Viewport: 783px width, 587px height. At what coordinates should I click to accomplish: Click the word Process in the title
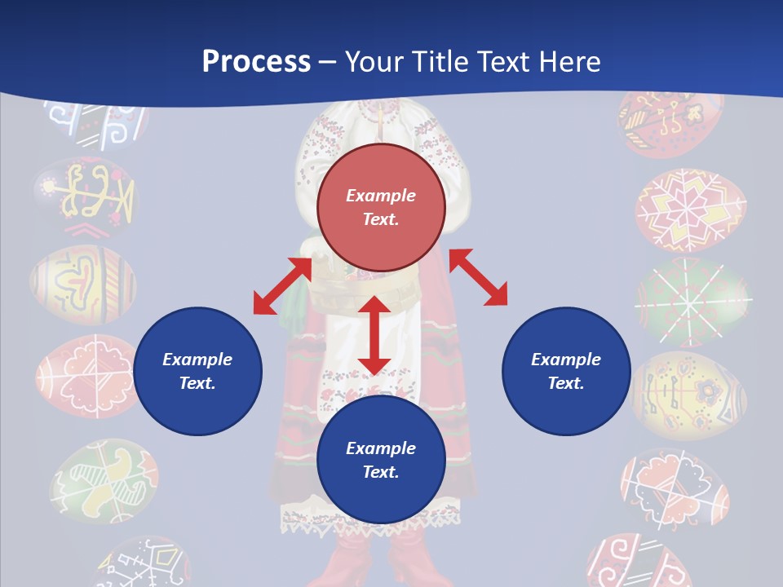[x=256, y=62]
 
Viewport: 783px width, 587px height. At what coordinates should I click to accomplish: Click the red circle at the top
[x=381, y=207]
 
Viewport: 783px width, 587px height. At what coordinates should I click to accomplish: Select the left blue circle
[x=197, y=371]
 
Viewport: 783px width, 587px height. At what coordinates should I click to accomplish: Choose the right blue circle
[x=566, y=371]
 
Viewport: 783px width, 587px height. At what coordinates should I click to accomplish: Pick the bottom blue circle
[x=381, y=460]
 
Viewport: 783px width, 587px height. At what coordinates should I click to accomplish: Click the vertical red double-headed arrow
[x=374, y=335]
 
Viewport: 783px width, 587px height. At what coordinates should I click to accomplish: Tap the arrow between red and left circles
[x=282, y=286]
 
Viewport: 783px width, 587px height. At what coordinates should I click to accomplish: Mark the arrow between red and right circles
[x=478, y=277]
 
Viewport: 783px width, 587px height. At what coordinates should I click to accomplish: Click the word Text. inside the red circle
[x=381, y=219]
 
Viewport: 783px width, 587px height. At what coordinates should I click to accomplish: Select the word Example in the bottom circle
[x=381, y=448]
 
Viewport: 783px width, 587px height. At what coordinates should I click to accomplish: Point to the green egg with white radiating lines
[x=692, y=301]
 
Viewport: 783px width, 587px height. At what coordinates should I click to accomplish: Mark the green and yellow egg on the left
[x=104, y=481]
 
